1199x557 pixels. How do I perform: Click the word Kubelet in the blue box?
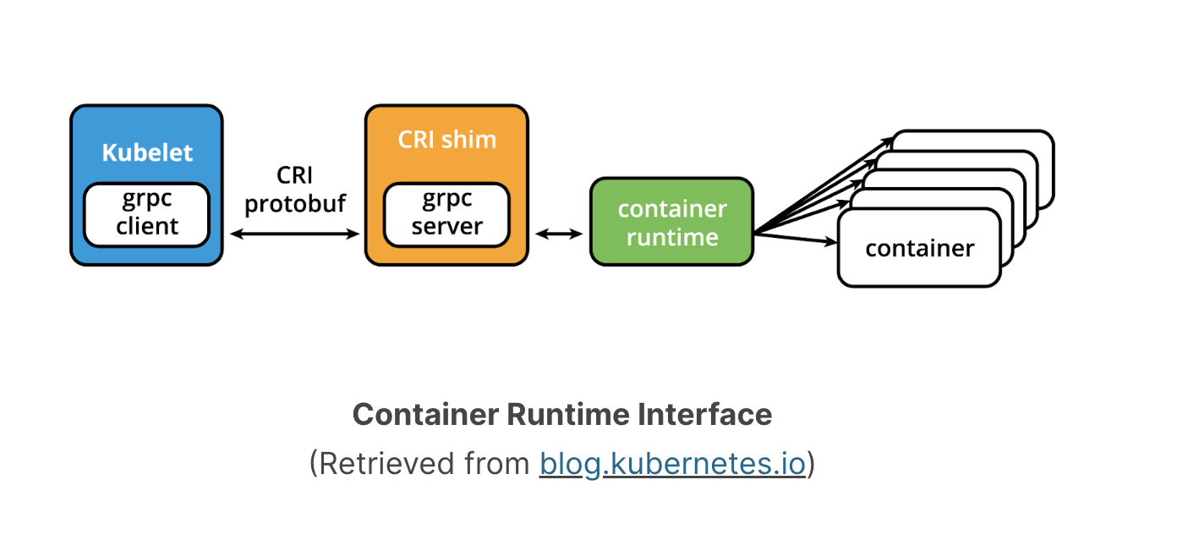tap(147, 153)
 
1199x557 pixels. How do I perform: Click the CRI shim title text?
tap(446, 140)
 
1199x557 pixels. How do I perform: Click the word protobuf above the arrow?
tap(295, 204)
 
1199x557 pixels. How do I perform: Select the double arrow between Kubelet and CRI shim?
tap(295, 234)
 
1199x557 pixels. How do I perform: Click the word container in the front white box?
tap(919, 249)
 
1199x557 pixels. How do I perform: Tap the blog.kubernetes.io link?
tap(672, 464)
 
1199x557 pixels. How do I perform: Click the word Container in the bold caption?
tap(425, 415)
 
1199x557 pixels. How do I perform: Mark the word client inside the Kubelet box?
tap(147, 227)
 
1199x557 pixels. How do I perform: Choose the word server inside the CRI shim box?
tap(446, 227)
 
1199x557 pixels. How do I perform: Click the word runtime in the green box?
tap(671, 237)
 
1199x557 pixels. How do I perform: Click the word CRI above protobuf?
tap(295, 175)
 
